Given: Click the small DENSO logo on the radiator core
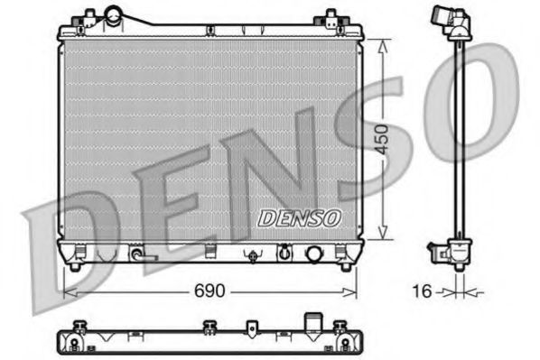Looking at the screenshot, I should click(x=298, y=217).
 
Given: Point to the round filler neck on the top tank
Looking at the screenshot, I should click(x=115, y=15).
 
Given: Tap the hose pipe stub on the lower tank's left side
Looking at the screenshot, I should click(x=138, y=255).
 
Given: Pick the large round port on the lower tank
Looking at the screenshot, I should click(x=315, y=254).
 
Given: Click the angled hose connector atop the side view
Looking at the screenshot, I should click(x=448, y=19).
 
